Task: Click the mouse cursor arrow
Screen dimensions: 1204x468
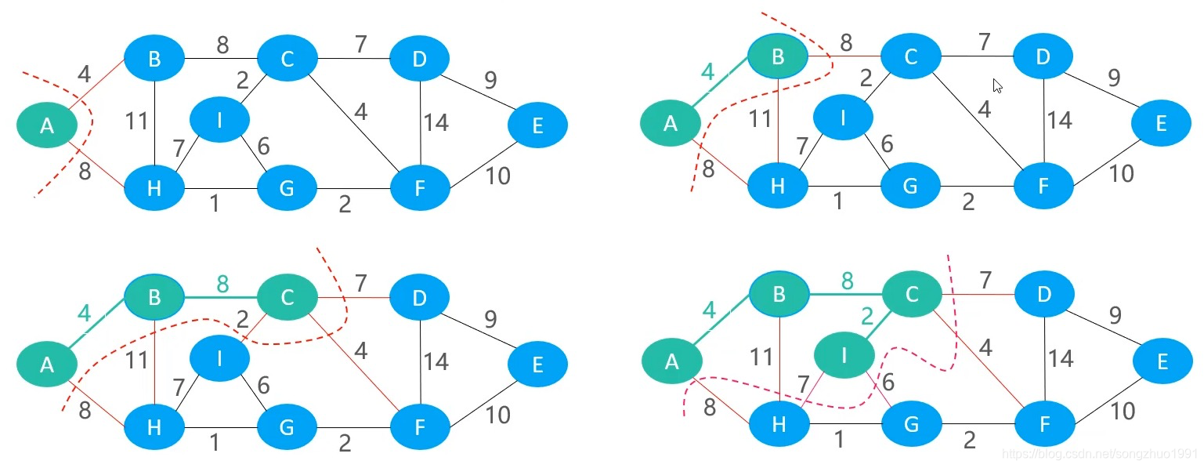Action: coord(998,86)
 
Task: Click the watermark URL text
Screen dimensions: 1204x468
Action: coord(1102,453)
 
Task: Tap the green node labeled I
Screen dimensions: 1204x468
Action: coord(844,355)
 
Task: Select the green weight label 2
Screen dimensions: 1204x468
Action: coord(867,316)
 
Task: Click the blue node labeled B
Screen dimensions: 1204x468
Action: coord(154,58)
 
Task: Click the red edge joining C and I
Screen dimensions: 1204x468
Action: coord(255,328)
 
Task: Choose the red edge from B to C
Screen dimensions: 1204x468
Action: coord(844,56)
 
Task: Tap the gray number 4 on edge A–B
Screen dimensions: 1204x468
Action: coord(84,74)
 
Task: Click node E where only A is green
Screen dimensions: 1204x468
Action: coord(537,125)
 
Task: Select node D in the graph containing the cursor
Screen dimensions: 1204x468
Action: coord(1043,56)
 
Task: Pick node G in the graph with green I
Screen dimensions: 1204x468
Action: coord(911,424)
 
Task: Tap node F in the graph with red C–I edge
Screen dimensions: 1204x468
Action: coord(420,427)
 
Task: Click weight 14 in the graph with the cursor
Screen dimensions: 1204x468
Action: coord(1059,120)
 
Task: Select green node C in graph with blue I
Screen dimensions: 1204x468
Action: coord(287,297)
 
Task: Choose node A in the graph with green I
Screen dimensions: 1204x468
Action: coord(672,361)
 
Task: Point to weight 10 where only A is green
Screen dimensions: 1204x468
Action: coord(497,176)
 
